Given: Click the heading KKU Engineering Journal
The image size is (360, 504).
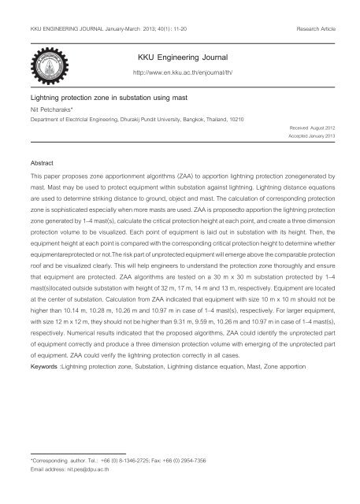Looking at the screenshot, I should pos(180,59).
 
